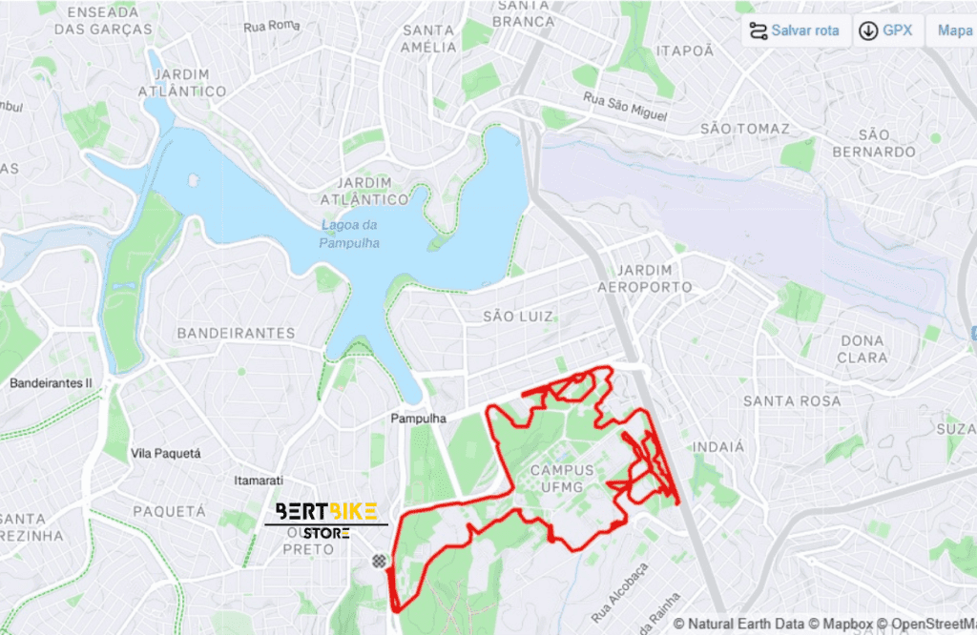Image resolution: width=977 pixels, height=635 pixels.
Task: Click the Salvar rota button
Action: (x=795, y=31)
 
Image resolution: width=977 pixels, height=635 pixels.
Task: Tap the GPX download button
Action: (x=886, y=31)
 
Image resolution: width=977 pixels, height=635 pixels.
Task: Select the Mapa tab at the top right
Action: (x=954, y=31)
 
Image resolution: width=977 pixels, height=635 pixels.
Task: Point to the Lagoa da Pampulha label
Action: (x=350, y=234)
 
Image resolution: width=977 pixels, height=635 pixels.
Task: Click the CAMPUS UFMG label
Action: (x=562, y=479)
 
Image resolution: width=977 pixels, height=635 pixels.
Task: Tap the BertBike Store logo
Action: (x=325, y=519)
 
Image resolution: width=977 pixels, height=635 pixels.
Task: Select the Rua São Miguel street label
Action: (x=625, y=106)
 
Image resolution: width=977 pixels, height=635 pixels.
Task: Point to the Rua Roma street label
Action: (x=272, y=26)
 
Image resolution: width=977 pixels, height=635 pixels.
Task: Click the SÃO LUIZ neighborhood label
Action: (x=518, y=316)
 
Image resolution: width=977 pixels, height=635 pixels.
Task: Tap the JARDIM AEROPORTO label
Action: (x=645, y=278)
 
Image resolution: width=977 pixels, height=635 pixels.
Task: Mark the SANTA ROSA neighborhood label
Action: (x=792, y=400)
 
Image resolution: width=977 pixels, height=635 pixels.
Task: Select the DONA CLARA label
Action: (x=862, y=349)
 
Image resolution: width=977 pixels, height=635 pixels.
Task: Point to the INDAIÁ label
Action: (x=717, y=445)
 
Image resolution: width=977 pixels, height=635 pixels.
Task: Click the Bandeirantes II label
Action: (x=51, y=383)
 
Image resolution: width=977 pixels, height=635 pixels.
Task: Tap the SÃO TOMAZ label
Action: (x=745, y=128)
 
